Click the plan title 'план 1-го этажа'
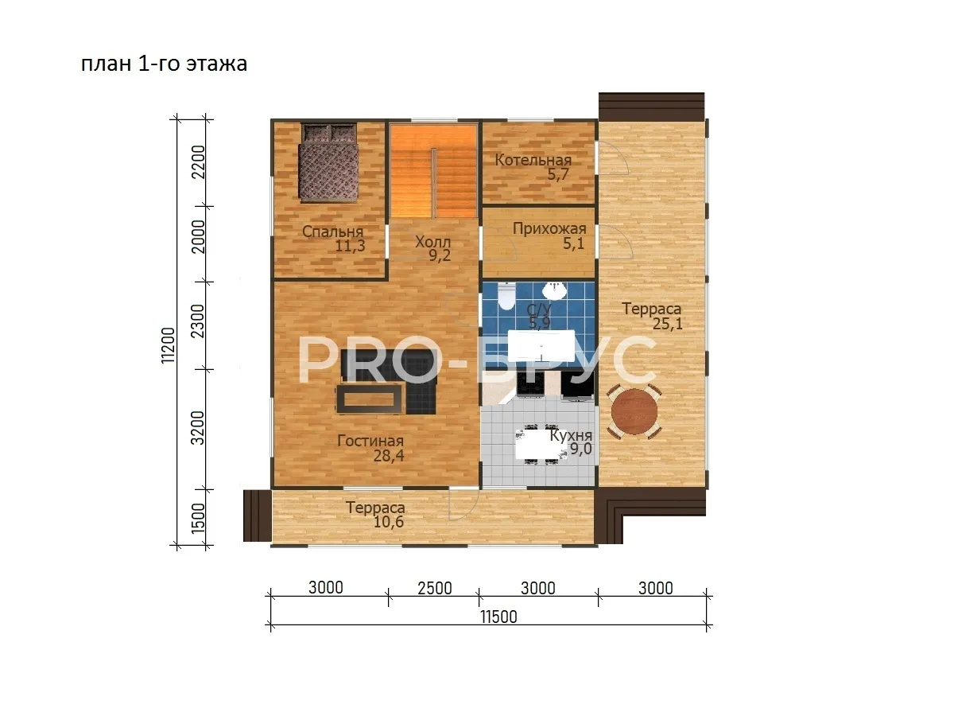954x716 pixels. pos(164,64)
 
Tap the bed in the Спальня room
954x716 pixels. pos(328,163)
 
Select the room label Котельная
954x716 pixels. pos(533,160)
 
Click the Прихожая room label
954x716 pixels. pos(549,228)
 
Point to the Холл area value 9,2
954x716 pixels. pos(440,255)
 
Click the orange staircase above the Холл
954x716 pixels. pos(433,172)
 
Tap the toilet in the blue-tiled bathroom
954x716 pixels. pos(506,296)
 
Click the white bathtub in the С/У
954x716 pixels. pos(541,345)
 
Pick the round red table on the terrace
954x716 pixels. pos(634,411)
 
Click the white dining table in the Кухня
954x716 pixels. pos(538,444)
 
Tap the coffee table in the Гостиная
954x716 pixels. pos(369,399)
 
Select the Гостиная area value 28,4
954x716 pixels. pos(389,456)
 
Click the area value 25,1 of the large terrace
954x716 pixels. pos(668,324)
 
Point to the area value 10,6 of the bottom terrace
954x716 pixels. pos(389,522)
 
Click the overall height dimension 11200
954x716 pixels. pos(168,345)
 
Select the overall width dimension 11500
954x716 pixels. pos(498,617)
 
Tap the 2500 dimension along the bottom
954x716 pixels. pos(435,588)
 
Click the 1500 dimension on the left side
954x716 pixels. pos(198,518)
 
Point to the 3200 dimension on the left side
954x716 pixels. pos(198,428)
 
